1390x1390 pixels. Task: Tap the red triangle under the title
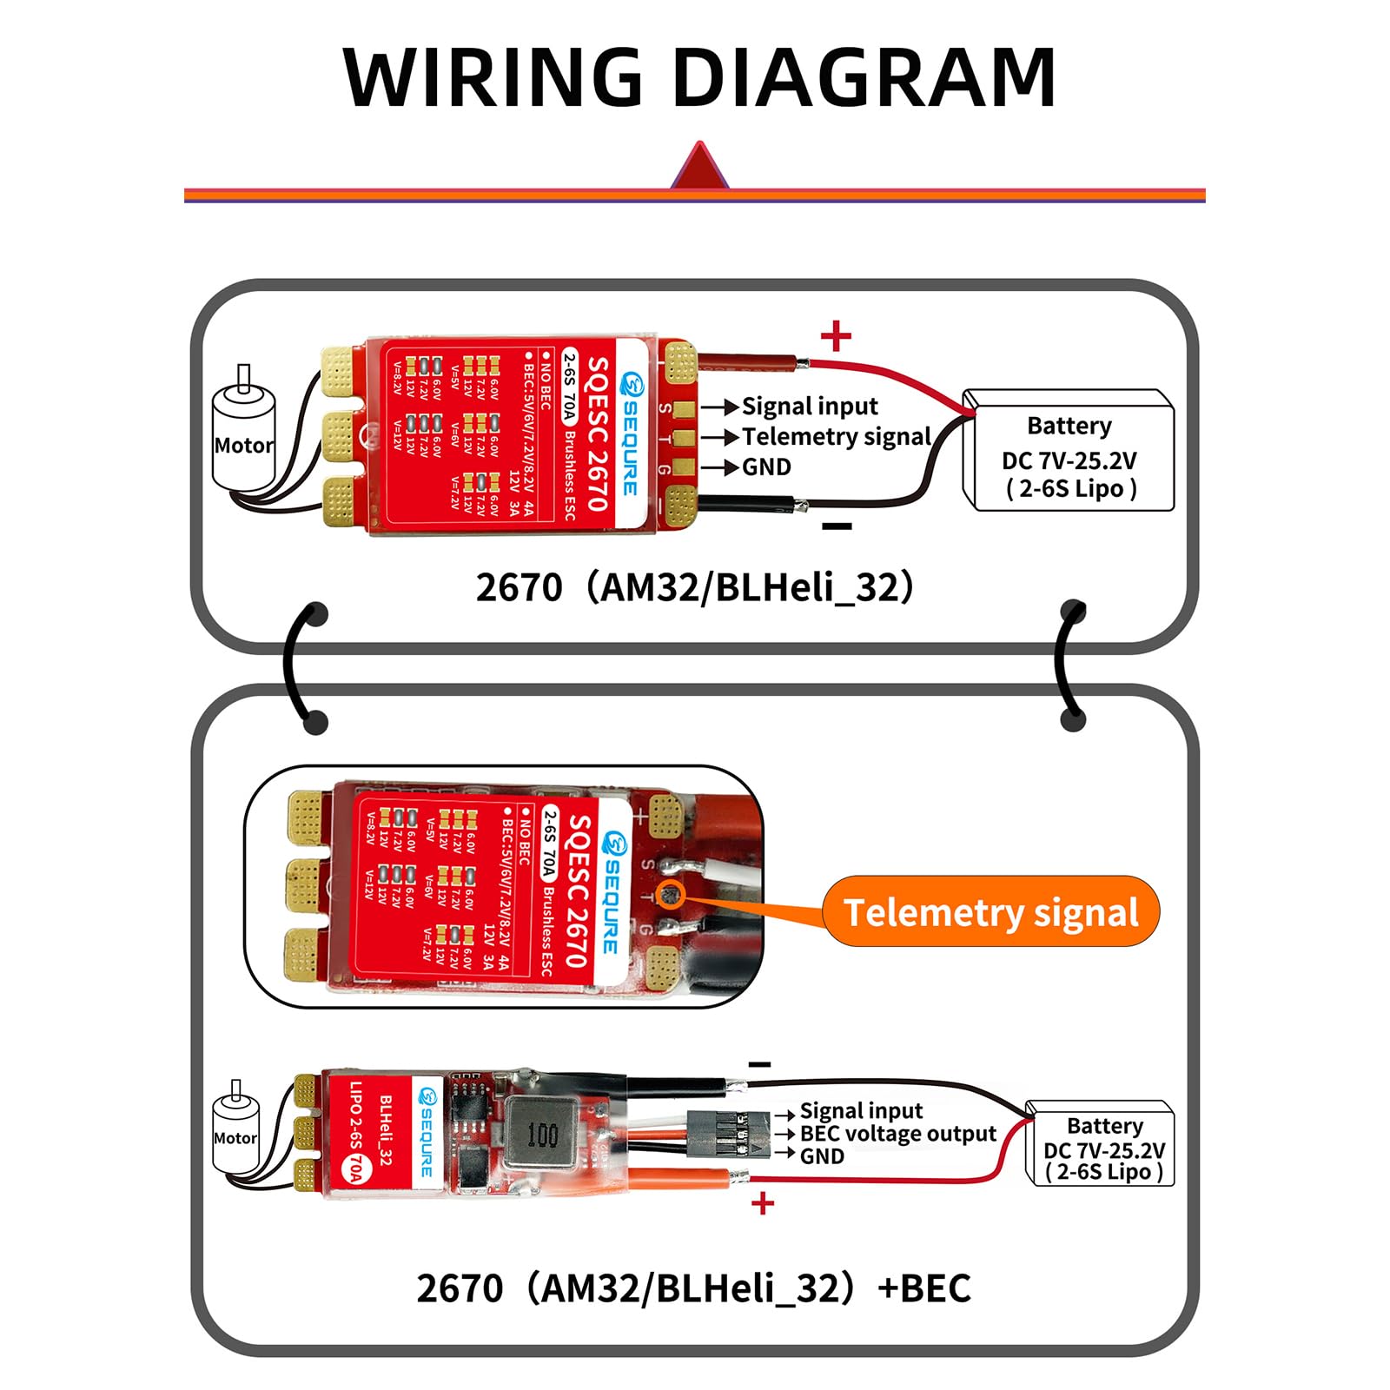[x=699, y=167]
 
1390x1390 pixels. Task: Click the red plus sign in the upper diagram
[x=836, y=335]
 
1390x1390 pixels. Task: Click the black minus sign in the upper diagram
[x=837, y=526]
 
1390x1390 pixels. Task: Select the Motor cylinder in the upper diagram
[x=244, y=439]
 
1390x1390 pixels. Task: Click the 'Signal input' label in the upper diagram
[x=809, y=406]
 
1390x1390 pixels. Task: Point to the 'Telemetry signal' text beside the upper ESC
[x=836, y=436]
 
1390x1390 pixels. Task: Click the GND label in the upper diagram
[x=766, y=467]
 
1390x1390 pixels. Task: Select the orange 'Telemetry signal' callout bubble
[x=990, y=912]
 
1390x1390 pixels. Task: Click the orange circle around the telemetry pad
[x=672, y=894]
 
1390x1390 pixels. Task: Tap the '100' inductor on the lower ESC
[x=542, y=1134]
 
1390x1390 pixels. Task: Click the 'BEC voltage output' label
[x=897, y=1134]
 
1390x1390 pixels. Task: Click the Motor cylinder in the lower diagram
[x=235, y=1134]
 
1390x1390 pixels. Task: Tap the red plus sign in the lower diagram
[x=762, y=1204]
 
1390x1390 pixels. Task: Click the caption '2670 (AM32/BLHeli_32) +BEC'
[x=693, y=1287]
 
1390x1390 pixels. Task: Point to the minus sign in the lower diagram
[x=759, y=1064]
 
